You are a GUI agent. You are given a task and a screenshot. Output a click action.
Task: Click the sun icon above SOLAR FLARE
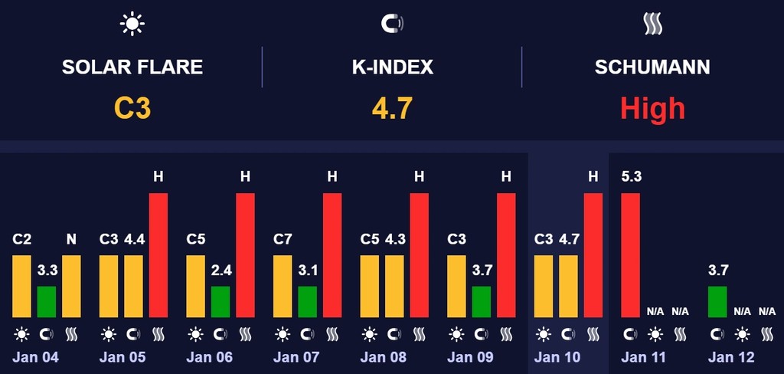coord(132,25)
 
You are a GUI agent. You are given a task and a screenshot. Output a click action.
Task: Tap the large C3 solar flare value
coord(132,108)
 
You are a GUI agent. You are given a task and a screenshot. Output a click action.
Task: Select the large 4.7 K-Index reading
coord(392,108)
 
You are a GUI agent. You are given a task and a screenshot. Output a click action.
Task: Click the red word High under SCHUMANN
coord(652,108)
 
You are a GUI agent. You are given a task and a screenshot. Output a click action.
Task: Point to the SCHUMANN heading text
coord(652,67)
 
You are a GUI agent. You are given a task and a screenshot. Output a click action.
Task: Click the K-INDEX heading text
coord(392,67)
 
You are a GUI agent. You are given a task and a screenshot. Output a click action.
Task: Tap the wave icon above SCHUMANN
coord(652,25)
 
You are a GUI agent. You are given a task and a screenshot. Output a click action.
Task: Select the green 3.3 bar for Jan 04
coord(47,301)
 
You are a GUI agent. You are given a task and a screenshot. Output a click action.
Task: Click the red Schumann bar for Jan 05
coord(158,255)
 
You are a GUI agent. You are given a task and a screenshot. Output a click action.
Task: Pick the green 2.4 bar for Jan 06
coord(220,301)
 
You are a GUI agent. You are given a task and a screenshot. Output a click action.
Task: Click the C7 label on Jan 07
coord(283,239)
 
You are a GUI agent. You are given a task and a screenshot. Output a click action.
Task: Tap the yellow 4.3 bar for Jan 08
coord(394,286)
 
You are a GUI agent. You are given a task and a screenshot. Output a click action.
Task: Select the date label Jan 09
coord(470,357)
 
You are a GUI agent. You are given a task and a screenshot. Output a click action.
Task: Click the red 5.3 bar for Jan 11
coord(629,255)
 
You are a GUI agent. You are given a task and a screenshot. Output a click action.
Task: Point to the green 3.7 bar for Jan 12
coord(717,301)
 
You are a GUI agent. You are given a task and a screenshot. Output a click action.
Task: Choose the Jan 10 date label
coord(557,357)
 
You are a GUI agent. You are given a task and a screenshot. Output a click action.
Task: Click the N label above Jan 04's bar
coord(71,239)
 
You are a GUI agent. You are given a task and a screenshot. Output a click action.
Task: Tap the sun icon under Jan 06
coord(196,334)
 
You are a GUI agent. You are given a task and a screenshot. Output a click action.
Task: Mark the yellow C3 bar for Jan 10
coord(544,286)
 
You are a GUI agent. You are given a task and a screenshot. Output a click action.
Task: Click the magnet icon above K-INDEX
coord(392,25)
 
